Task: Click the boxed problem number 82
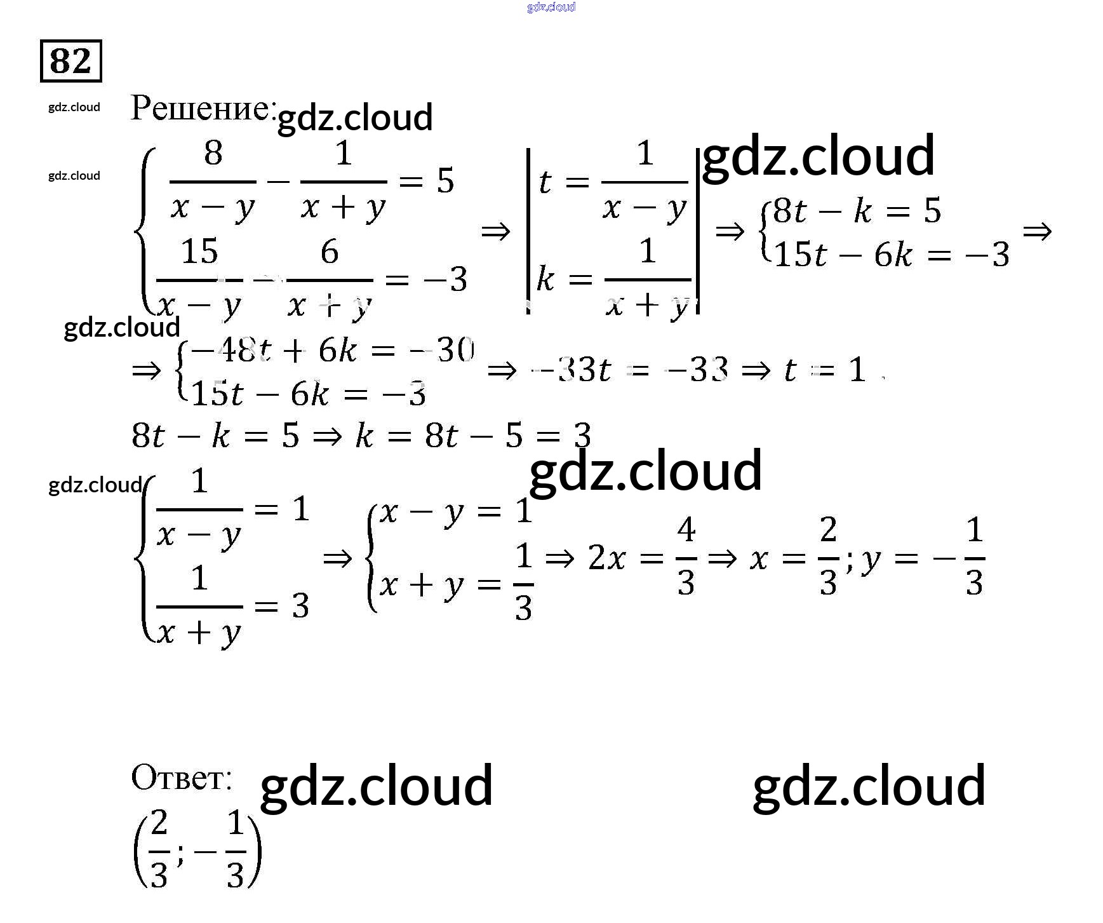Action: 70,62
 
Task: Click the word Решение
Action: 202,108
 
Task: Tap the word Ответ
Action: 181,778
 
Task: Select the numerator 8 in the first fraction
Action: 213,153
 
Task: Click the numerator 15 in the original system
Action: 199,252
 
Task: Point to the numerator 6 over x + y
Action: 329,252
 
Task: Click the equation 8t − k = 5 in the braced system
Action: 856,211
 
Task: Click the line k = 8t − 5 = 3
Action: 473,436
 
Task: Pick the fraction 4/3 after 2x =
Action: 686,556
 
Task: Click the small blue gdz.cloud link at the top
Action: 551,7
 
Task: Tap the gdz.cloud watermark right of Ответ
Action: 376,786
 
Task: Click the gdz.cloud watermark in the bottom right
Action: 869,786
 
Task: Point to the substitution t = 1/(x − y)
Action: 612,182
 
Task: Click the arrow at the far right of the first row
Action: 1037,232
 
